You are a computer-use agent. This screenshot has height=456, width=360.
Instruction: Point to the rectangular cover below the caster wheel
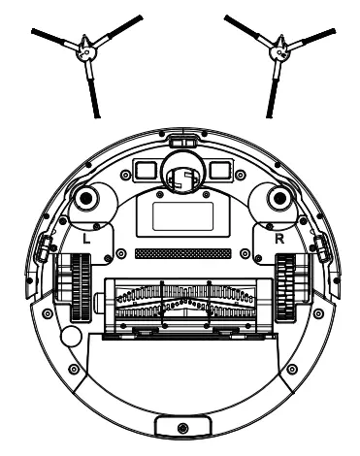[180, 212]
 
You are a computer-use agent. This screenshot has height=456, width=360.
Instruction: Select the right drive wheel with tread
[288, 287]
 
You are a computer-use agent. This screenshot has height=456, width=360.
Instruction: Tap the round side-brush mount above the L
[83, 199]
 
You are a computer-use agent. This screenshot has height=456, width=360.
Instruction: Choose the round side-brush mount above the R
[278, 199]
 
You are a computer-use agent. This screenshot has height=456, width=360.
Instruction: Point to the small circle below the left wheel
[68, 338]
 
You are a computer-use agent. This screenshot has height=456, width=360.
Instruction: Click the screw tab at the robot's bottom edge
[180, 426]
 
